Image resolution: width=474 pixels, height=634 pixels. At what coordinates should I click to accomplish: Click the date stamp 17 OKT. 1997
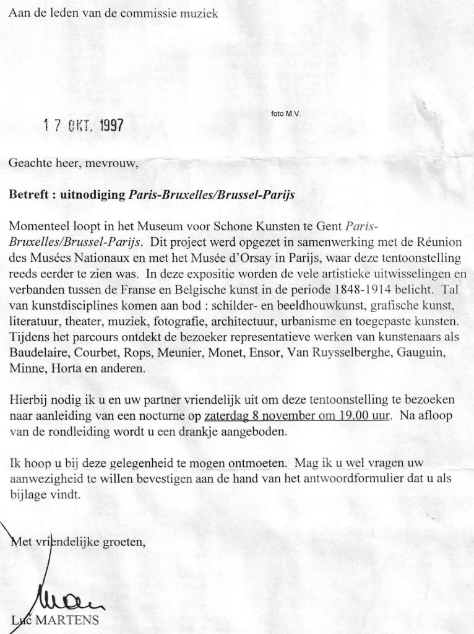[x=83, y=126]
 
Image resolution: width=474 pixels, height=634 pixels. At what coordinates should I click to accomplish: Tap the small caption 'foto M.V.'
[x=285, y=114]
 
